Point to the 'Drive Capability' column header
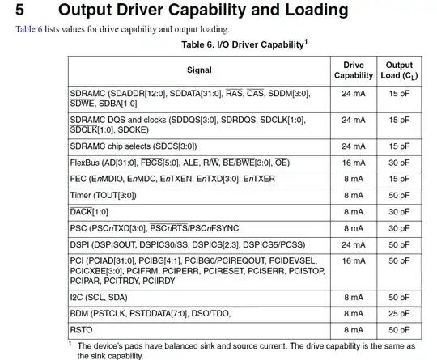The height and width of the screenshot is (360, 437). [x=354, y=70]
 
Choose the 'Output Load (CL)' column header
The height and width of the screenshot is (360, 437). [x=399, y=70]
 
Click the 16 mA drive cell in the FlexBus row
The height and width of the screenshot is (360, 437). [x=354, y=162]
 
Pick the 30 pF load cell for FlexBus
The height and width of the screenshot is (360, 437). [x=399, y=162]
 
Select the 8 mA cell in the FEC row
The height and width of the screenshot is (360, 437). [x=354, y=178]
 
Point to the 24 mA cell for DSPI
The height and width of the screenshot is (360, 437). [x=354, y=244]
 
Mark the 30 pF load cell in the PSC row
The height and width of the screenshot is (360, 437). [x=399, y=227]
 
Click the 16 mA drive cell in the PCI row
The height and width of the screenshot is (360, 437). [x=354, y=260]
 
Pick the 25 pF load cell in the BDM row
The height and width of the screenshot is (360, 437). [x=399, y=313]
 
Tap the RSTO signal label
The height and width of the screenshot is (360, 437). [x=83, y=329]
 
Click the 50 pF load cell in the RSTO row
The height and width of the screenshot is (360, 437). [x=399, y=329]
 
